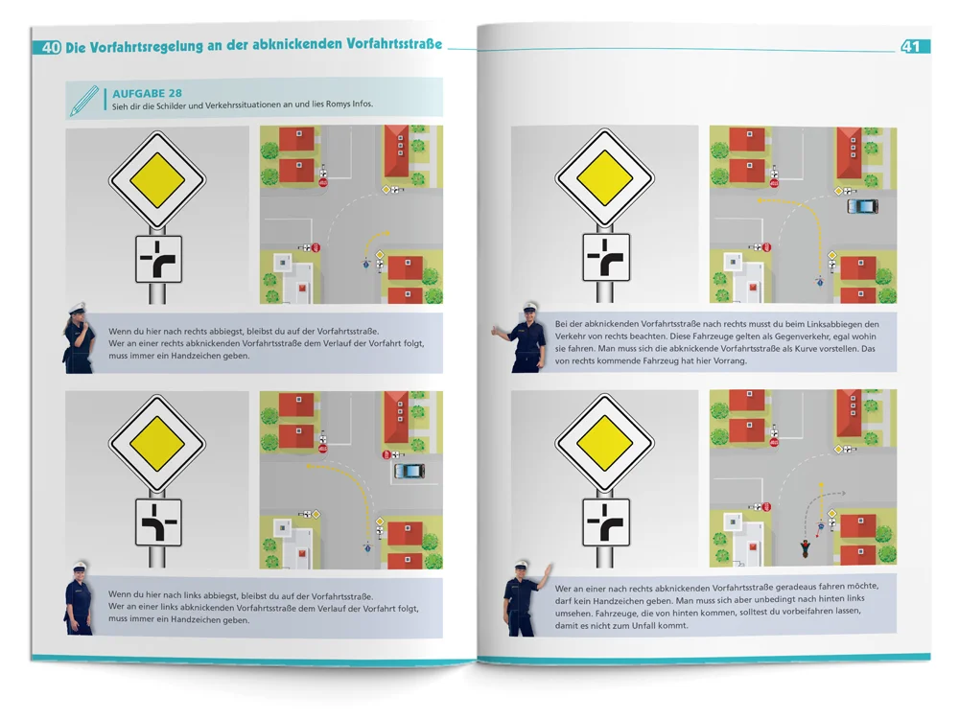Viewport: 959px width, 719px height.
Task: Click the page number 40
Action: [52, 47]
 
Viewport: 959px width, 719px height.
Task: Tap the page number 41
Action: [910, 46]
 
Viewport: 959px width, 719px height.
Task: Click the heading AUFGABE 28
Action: [147, 93]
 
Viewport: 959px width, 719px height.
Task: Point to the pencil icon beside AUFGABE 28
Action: [83, 101]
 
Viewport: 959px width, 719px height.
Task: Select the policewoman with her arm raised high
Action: [525, 600]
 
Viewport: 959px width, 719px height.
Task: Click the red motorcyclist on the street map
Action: [806, 548]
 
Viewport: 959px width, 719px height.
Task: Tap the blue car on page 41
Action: [862, 207]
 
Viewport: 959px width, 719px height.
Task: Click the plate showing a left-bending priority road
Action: [158, 522]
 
